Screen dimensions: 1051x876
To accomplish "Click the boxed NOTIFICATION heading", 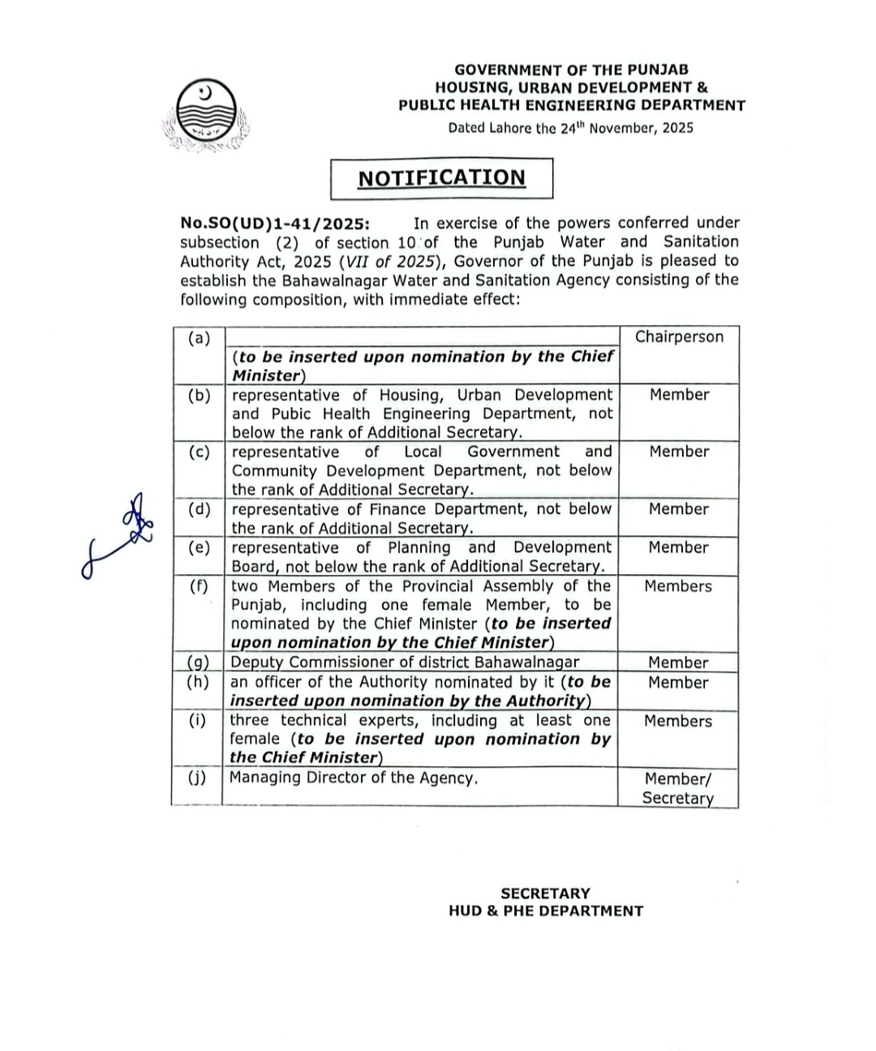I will (441, 178).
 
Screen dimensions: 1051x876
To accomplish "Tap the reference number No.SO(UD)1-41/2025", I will (276, 223).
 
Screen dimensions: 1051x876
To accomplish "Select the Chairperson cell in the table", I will (679, 337).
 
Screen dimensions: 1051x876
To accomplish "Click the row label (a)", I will (198, 338).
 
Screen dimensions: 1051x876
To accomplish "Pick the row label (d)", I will (198, 509).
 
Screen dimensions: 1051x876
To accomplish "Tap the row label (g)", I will (197, 663).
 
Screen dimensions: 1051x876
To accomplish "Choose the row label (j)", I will (196, 778).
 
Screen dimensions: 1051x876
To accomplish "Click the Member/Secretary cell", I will (678, 788).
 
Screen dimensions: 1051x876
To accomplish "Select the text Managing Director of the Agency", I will (354, 778).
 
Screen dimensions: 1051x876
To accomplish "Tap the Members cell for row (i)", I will (678, 721).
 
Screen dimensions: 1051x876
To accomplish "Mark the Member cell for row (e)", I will (678, 547).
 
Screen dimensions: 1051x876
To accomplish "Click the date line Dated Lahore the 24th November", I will (570, 127).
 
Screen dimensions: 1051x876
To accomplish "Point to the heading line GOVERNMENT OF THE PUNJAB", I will (571, 71).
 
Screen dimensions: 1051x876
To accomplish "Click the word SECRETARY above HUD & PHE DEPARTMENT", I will (545, 893).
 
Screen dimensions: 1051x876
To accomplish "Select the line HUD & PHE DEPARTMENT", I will (545, 911).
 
